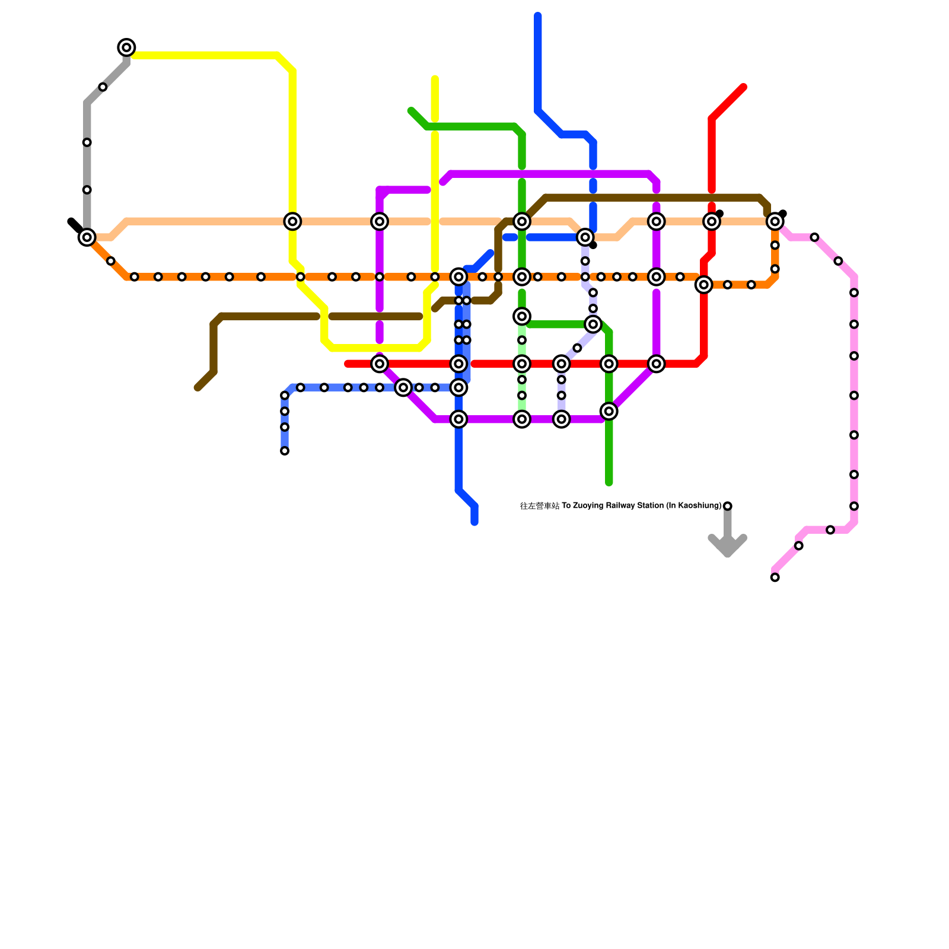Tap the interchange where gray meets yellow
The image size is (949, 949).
[126, 47]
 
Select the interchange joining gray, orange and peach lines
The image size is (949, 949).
[87, 237]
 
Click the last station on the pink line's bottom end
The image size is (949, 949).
[775, 577]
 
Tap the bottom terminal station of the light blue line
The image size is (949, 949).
[285, 451]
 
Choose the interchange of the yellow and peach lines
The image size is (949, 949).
[292, 221]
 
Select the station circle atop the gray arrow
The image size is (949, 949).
[727, 506]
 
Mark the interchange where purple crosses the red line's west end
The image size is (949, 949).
[380, 364]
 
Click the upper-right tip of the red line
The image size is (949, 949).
[743, 88]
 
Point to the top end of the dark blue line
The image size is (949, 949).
[538, 16]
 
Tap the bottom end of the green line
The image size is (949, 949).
[609, 483]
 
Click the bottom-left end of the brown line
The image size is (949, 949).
[198, 388]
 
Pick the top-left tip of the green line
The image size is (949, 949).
[410, 111]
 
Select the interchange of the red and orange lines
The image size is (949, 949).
[703, 285]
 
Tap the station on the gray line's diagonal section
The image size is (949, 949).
[103, 87]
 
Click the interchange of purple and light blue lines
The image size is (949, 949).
[403, 387]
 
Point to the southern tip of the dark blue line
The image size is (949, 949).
[474, 522]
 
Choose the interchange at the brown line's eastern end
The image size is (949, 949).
[775, 221]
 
